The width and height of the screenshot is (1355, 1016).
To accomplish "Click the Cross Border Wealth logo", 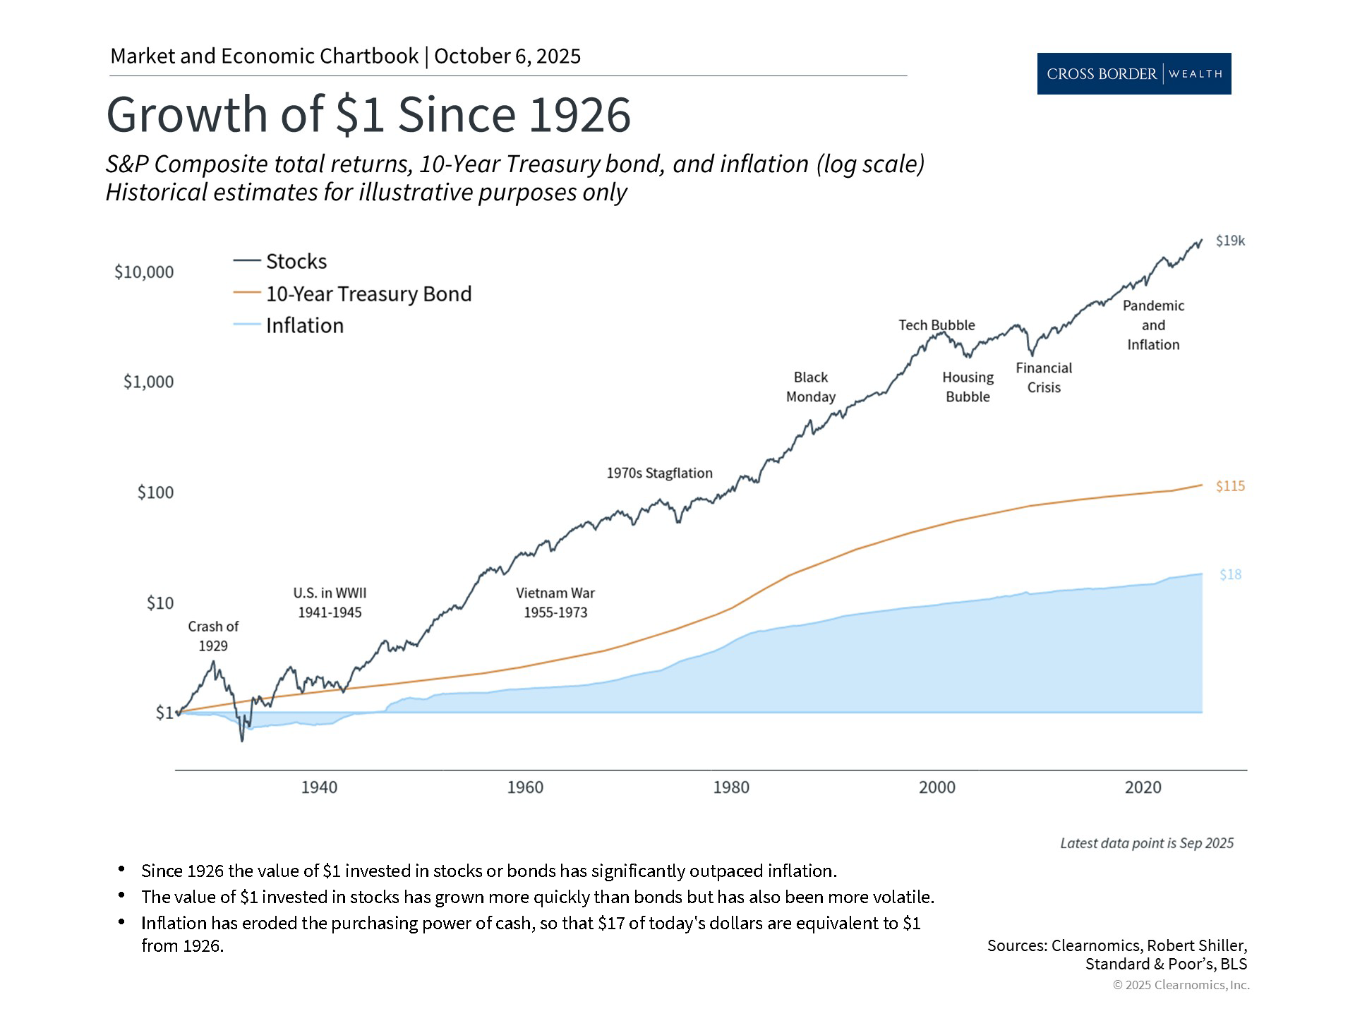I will [x=1133, y=73].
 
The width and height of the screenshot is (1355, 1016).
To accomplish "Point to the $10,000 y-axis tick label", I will [x=144, y=272].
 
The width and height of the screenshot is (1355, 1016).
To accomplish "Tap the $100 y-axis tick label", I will [x=155, y=492].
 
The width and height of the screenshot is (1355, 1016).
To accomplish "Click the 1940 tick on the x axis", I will [x=319, y=787].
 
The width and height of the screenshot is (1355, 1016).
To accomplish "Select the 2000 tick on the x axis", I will [x=937, y=787].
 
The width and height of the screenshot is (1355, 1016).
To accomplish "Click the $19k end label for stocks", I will [x=1230, y=241].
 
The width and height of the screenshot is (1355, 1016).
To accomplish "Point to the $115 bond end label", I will [x=1230, y=486].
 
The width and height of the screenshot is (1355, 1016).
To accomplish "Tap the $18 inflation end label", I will [x=1230, y=575].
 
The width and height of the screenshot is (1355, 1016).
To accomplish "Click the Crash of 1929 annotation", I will [x=213, y=636].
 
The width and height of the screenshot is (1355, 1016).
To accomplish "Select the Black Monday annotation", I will [x=810, y=387].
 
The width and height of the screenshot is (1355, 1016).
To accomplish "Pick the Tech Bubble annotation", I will [x=937, y=325].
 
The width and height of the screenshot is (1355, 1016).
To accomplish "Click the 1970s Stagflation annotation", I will [x=659, y=473].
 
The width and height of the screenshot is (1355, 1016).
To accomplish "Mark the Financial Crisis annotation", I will [x=1044, y=377].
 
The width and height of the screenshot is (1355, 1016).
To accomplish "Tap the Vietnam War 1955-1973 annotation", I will [x=555, y=603].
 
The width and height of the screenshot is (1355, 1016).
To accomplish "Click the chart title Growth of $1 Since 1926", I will [x=368, y=115].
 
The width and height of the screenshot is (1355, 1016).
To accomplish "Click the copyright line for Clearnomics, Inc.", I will [x=1181, y=985].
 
